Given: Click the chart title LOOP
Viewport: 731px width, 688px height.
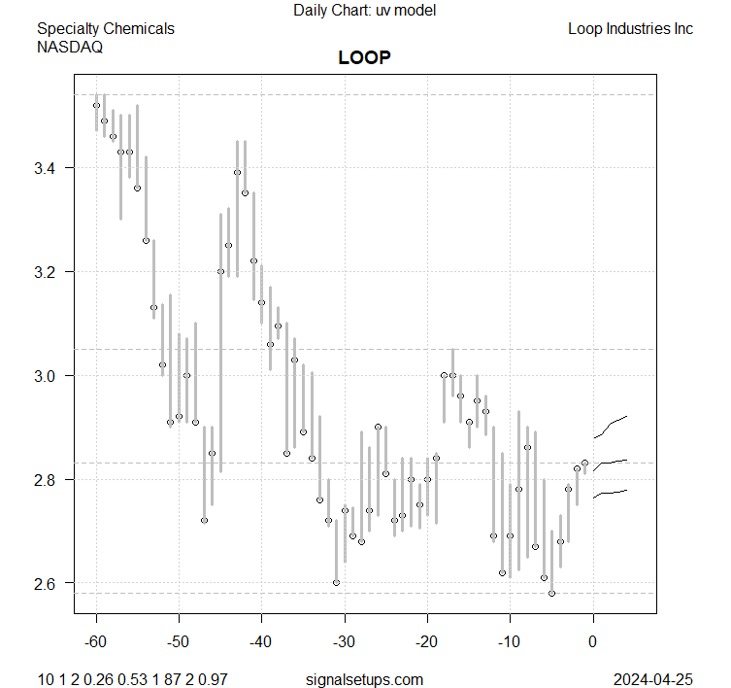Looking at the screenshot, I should tap(364, 57).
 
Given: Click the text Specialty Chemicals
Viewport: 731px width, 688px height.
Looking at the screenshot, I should tap(106, 28).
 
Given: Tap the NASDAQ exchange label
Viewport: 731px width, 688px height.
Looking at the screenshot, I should tap(72, 46).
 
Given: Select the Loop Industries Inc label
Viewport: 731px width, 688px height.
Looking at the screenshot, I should tap(630, 28).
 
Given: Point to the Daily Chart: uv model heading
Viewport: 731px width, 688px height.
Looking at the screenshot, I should tap(364, 11).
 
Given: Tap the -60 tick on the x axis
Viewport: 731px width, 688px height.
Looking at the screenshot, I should tap(96, 641).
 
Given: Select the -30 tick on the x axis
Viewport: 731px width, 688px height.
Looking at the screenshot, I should tap(345, 641).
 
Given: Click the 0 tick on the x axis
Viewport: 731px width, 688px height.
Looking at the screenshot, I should tap(593, 641).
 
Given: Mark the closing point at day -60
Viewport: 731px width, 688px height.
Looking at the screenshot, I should tap(96, 105).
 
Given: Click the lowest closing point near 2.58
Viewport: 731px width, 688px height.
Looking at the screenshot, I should tap(551, 593).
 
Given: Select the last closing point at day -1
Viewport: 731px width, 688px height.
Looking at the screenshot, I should tap(584, 463).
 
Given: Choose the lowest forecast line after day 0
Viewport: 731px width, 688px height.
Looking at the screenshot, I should tap(612, 494).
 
